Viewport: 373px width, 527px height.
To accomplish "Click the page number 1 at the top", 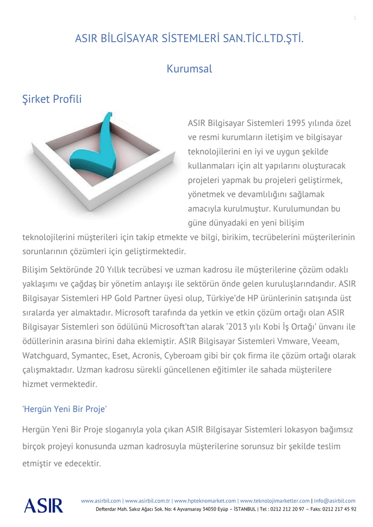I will click(x=354, y=19).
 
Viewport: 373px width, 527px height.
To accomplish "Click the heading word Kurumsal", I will click(x=189, y=68).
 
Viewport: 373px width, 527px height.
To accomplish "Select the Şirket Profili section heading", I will click(x=52, y=99).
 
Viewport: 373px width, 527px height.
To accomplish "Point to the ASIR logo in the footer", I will click(x=43, y=505).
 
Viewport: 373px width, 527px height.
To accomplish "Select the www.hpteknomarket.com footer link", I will click(x=205, y=501).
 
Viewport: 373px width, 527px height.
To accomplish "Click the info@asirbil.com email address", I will click(x=334, y=501).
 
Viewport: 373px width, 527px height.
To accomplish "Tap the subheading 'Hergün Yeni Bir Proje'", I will click(x=65, y=409).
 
